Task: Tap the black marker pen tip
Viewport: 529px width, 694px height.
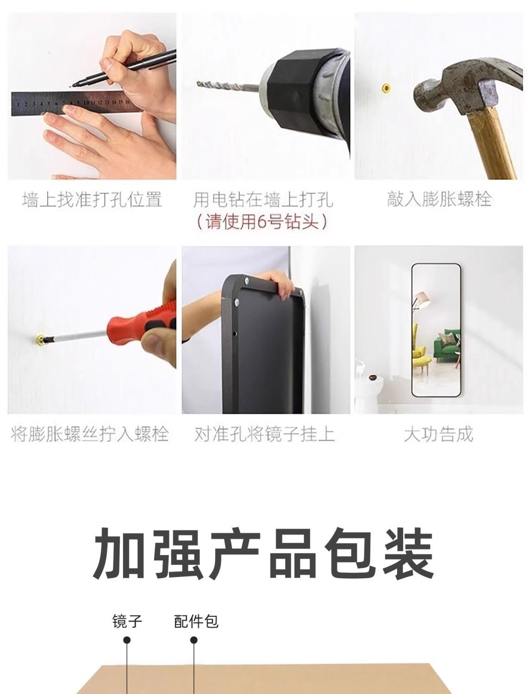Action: click(71, 86)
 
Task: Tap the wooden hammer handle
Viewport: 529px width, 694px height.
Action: click(493, 143)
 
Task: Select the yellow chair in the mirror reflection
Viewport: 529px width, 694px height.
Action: click(421, 357)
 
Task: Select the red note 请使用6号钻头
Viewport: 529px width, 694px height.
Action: click(261, 221)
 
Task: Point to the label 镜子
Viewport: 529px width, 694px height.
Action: click(127, 612)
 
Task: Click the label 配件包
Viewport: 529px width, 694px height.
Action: click(196, 612)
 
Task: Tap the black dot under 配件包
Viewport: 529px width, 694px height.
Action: click(194, 638)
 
